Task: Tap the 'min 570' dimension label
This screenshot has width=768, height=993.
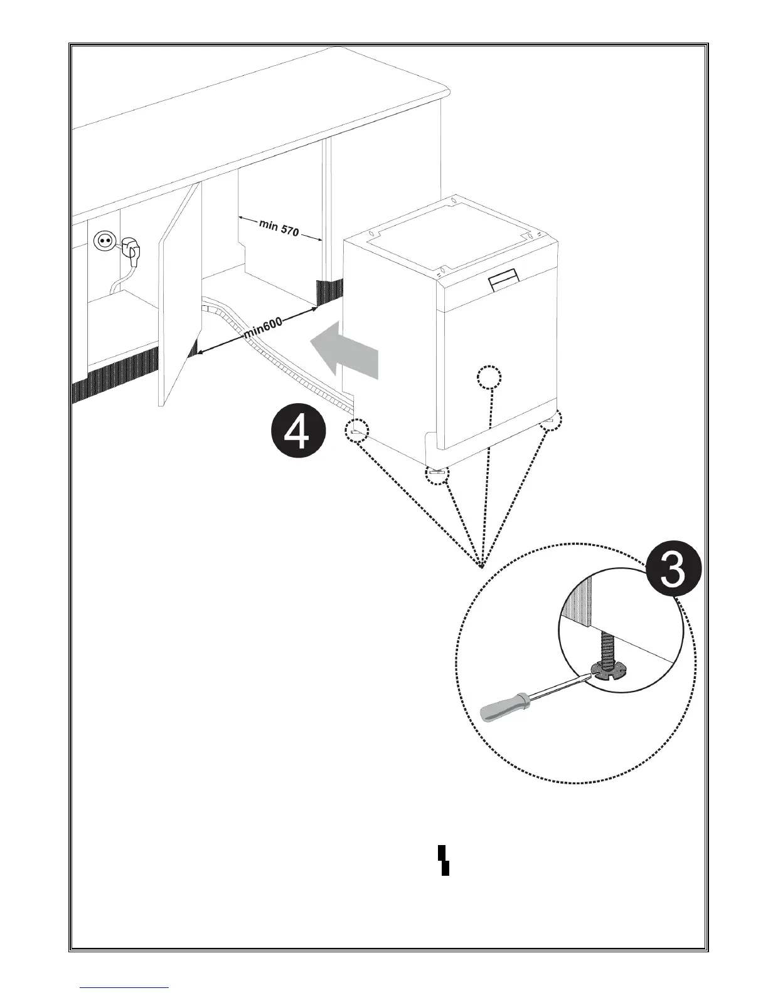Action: (x=279, y=229)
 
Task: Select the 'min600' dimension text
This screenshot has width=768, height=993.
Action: (x=264, y=327)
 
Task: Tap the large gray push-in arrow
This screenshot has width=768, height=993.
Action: (x=345, y=354)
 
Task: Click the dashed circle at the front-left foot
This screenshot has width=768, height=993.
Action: (x=357, y=431)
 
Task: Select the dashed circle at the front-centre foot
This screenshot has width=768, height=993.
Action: (x=437, y=474)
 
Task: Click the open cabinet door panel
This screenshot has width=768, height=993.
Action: (x=181, y=295)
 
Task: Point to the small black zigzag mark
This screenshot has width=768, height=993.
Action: (x=444, y=859)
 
